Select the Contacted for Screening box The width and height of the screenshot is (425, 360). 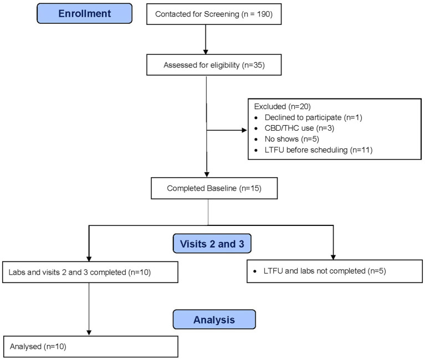point(206,14)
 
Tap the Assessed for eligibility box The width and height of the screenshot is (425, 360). point(206,65)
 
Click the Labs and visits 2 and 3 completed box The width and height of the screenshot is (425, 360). point(90,272)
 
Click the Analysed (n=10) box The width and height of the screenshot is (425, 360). point(90,346)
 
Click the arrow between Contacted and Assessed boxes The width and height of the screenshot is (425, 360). point(206,39)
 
